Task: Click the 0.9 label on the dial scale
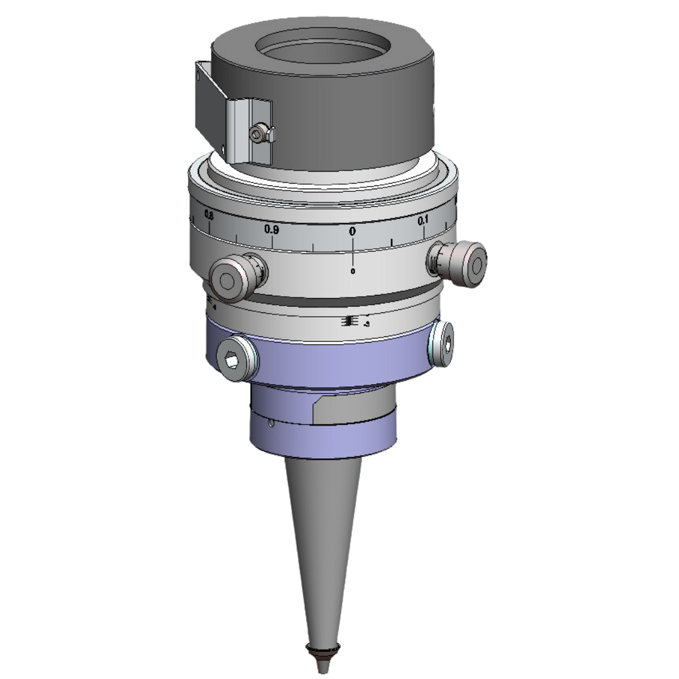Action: click(x=272, y=229)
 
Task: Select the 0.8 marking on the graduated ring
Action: click(x=209, y=216)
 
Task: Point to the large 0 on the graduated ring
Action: click(x=352, y=231)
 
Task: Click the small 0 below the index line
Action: click(x=353, y=272)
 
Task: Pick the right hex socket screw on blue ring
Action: click(x=444, y=344)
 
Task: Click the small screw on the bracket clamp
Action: click(x=257, y=133)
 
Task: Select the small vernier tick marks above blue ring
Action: click(x=348, y=321)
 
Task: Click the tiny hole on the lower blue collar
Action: click(x=271, y=423)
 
